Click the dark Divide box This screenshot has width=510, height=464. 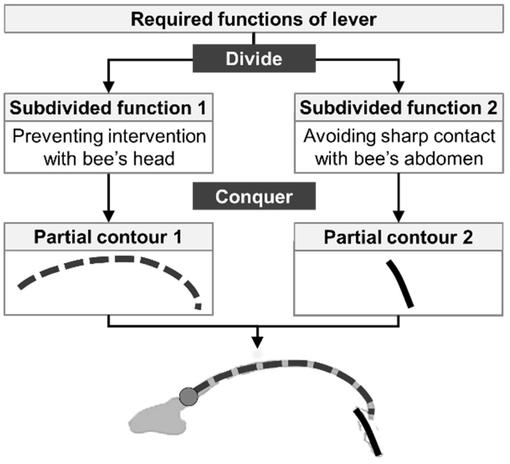[x=254, y=58]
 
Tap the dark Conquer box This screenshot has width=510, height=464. [x=254, y=196]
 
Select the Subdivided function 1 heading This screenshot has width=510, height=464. [x=108, y=108]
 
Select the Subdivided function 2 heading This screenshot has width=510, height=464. [x=398, y=108]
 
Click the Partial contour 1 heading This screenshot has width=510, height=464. [x=108, y=237]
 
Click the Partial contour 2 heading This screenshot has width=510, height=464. [x=398, y=237]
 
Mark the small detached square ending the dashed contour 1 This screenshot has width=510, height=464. [x=199, y=306]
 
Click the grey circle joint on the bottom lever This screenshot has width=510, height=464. [x=188, y=397]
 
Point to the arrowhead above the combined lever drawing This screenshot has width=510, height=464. [x=257, y=341]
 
